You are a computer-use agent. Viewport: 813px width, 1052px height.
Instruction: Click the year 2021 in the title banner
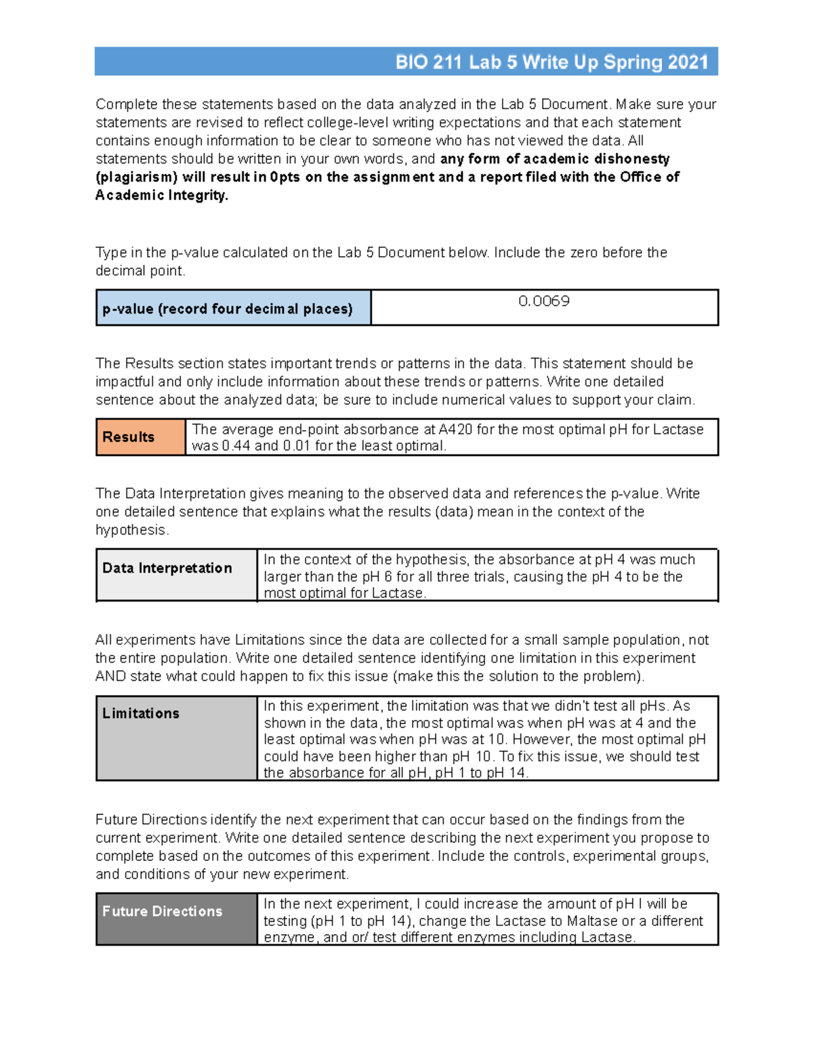coord(687,62)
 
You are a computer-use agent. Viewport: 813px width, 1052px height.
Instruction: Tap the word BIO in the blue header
coord(411,62)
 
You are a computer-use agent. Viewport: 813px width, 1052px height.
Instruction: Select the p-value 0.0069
coord(543,301)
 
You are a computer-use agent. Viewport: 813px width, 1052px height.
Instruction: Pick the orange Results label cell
coord(140,437)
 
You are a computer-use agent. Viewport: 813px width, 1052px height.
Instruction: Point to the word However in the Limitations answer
coord(544,740)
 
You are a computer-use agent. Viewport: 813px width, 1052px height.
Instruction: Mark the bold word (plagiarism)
coord(137,177)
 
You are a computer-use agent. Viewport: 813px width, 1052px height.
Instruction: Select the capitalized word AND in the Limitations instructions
coord(111,677)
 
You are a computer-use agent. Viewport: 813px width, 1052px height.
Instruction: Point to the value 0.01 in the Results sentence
coord(297,446)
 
